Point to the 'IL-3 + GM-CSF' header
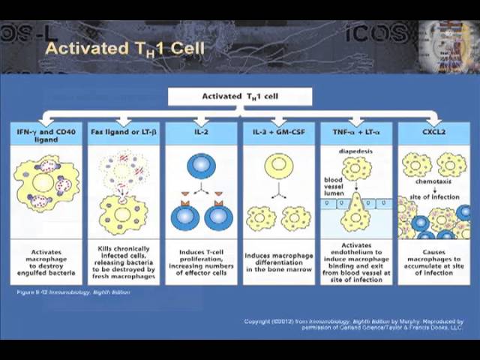278,130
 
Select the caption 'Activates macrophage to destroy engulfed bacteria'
46,262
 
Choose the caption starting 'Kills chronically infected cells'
123,262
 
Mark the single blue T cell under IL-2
200,165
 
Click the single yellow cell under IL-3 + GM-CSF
278,166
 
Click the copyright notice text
353,325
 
